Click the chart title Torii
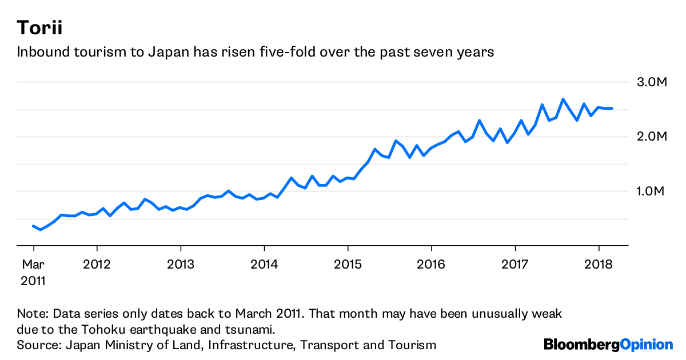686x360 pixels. (x=39, y=27)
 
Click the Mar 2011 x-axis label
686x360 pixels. (x=33, y=273)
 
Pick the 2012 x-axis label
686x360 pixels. (x=97, y=265)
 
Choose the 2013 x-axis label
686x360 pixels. (x=181, y=265)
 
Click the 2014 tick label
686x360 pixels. (x=264, y=265)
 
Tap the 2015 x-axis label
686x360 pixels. (x=348, y=265)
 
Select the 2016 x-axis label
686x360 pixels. (x=431, y=265)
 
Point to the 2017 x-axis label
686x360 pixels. (x=515, y=265)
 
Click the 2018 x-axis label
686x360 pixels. (x=599, y=265)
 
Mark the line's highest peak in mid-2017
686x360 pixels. (x=563, y=99)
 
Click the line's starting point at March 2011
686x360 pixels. (x=33, y=226)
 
